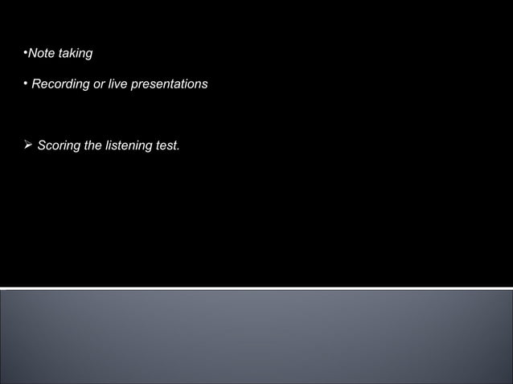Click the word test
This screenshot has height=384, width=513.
[x=168, y=145]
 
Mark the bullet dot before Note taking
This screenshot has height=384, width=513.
[x=25, y=52]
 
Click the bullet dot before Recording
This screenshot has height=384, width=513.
[x=25, y=83]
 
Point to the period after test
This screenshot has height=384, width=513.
[x=179, y=149]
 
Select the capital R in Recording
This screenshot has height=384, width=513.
[x=36, y=84]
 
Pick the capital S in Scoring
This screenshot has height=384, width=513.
[x=42, y=145]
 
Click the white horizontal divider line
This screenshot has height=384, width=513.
[x=256, y=288]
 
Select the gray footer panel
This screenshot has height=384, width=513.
[x=256, y=337]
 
